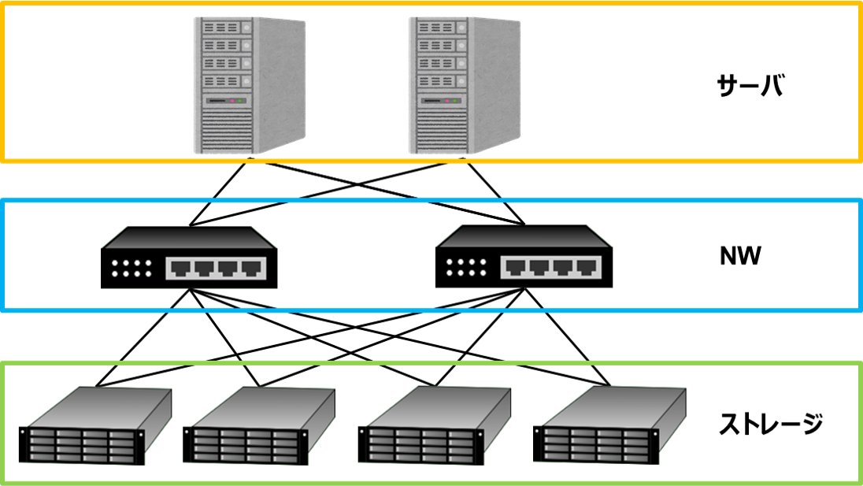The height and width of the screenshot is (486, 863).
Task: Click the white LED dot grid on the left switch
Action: click(131, 268)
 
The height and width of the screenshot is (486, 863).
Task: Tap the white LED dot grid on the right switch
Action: click(466, 268)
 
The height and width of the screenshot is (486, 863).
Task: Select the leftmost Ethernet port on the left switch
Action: click(180, 269)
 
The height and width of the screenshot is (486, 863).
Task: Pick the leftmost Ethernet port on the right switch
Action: click(515, 269)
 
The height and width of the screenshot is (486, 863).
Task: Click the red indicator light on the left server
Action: click(234, 101)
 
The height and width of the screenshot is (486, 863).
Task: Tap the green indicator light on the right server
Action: click(455, 101)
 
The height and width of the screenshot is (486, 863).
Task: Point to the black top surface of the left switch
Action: click(189, 237)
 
